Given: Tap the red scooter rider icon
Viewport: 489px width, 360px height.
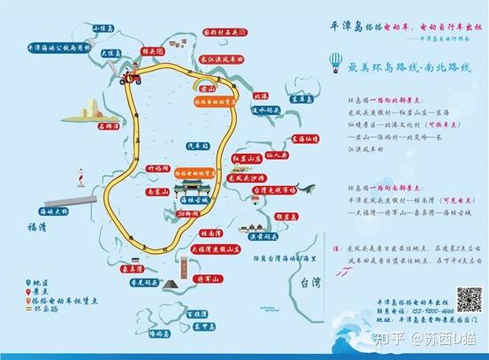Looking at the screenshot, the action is tap(138, 79).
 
